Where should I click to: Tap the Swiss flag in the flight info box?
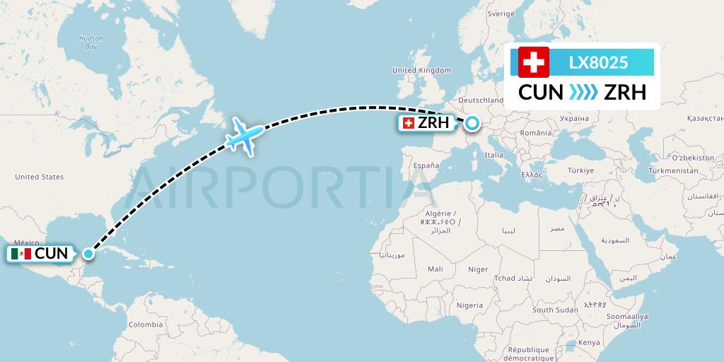pos(534,62)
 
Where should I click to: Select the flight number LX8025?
pos(598,62)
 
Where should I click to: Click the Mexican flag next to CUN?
pos(22,254)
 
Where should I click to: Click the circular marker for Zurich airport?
pos(472,124)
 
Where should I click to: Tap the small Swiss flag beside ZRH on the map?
pos(408,124)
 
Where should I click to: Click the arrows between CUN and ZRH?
pos(583,93)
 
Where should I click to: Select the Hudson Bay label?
pos(90,42)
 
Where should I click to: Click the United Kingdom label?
pos(421,70)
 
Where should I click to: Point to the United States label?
pos(39,177)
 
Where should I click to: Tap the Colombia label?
pos(145,325)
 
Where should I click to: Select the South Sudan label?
pos(555,310)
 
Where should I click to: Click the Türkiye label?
pos(583,170)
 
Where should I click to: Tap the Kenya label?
pos(589,342)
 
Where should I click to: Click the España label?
pos(426,165)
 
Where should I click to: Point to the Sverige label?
pos(501,13)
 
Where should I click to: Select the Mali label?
pos(436,269)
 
